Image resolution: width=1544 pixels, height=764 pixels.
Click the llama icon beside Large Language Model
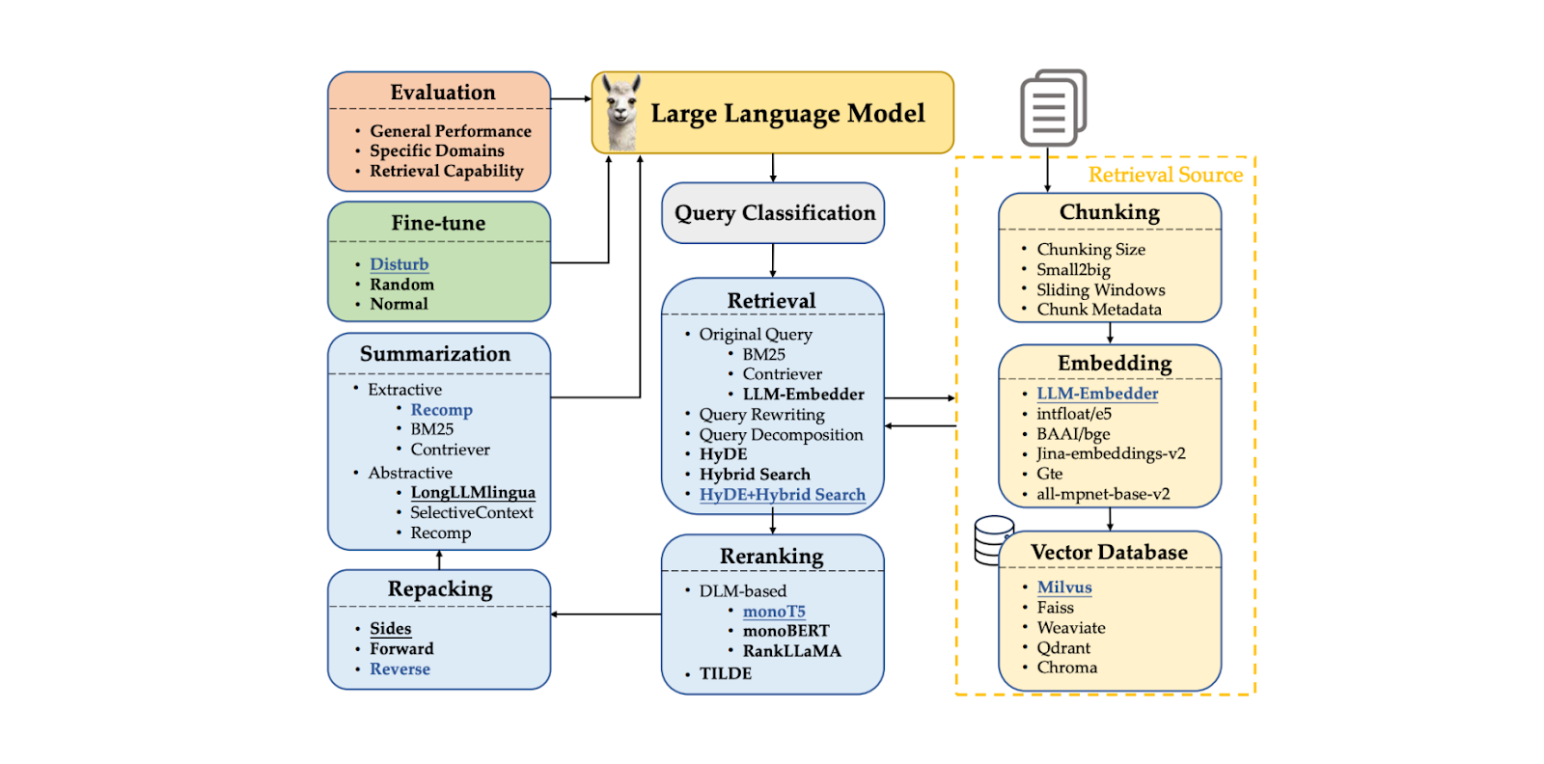[621, 113]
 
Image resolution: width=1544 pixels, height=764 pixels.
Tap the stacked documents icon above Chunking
[1053, 107]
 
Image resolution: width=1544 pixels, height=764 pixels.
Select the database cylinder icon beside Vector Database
[992, 540]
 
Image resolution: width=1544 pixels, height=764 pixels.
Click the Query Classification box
[773, 213]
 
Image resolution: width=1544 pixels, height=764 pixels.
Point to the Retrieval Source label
[1165, 175]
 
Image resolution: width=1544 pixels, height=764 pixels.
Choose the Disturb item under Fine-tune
[399, 264]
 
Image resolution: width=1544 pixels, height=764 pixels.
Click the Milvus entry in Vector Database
[1063, 587]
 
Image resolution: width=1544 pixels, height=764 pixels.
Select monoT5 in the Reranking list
[773, 612]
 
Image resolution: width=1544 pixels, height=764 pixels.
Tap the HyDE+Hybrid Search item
[782, 495]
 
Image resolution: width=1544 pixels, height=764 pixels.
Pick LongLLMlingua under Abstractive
[472, 493]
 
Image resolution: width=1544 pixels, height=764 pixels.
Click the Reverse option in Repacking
[400, 669]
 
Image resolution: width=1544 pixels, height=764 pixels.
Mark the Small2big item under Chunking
[1073, 270]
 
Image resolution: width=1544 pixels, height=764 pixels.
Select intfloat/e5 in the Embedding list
[1073, 414]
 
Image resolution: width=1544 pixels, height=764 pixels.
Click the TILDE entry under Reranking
[725, 673]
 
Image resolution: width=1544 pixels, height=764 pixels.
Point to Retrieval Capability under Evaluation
[446, 172]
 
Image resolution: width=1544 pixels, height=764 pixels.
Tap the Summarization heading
[435, 354]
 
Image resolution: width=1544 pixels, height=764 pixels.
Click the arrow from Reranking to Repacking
[606, 614]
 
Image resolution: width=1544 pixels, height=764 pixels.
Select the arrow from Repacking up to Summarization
[439, 560]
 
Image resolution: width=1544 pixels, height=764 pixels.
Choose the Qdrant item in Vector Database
[1063, 648]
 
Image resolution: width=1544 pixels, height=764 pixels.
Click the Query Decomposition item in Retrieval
[781, 435]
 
